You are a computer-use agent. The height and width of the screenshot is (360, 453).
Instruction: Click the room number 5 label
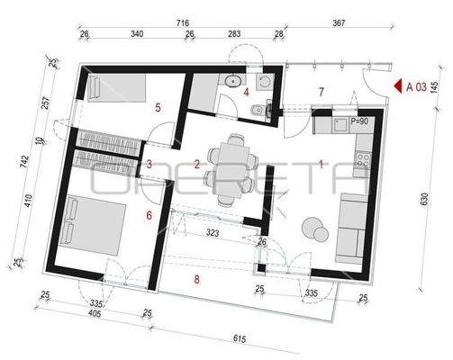click(159, 107)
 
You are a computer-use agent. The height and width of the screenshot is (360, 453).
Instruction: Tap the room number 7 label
click(320, 92)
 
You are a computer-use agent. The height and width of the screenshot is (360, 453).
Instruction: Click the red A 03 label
click(416, 87)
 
